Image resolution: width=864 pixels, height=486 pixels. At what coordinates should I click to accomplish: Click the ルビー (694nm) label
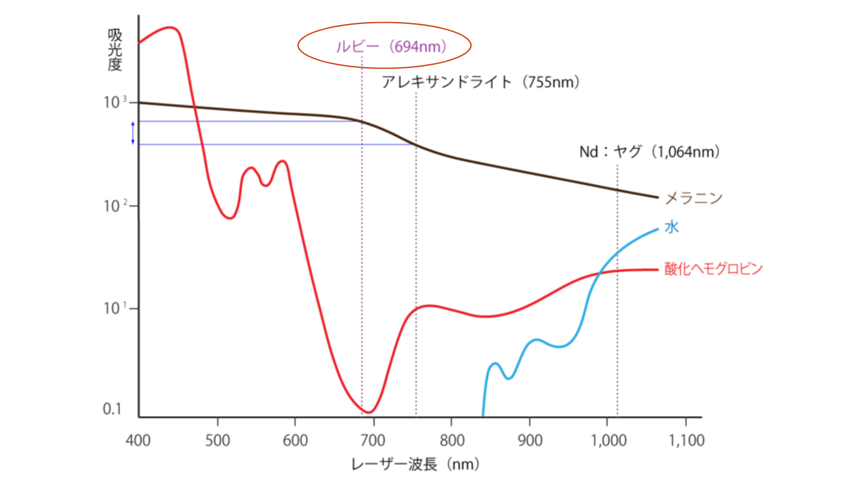point(391,46)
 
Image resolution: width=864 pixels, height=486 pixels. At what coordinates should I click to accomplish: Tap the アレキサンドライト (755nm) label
point(480,82)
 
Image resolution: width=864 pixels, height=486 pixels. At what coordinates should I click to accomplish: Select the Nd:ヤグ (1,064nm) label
point(649,152)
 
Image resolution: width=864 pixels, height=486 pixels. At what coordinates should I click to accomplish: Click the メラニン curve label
point(693,198)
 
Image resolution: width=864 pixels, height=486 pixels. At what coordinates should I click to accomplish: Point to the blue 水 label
point(671,227)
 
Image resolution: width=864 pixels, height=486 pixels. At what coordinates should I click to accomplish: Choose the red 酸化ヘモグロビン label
point(713,269)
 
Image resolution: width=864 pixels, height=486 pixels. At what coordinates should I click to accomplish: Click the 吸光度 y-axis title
point(115,50)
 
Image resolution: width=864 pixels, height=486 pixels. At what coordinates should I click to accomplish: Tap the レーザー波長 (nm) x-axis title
point(415,464)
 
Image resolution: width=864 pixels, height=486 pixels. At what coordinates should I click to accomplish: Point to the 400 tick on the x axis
point(138,440)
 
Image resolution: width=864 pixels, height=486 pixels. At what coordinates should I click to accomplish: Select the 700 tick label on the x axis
point(373,440)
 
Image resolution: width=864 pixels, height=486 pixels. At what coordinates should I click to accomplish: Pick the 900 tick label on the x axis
point(530,440)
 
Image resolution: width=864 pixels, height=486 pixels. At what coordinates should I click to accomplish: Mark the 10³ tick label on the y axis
point(115,103)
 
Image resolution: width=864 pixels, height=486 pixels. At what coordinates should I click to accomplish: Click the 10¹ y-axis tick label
point(115,309)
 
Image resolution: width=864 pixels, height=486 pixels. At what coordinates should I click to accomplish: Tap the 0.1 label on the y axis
point(112,409)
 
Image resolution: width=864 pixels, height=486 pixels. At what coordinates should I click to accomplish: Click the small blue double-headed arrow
point(133,133)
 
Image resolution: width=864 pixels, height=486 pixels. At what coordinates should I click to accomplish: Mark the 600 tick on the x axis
point(295,440)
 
